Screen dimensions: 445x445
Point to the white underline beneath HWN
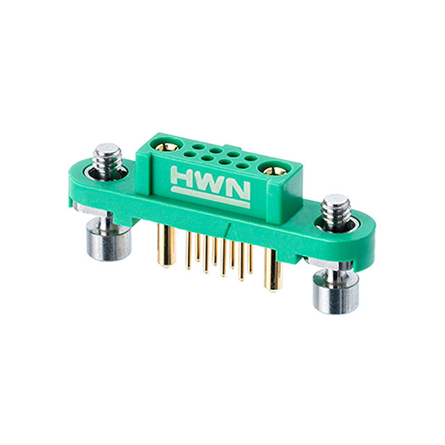coord(209,198)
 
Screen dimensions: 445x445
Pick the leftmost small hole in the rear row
coord(197,147)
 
